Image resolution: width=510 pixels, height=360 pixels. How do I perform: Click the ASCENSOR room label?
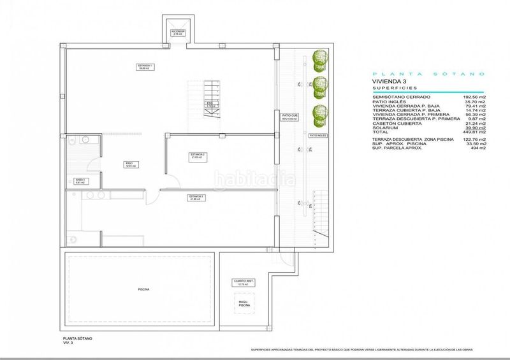coord(177,32)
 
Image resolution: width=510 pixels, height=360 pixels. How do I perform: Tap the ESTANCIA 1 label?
coord(145,66)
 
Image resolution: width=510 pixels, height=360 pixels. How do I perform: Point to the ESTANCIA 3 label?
coord(196,197)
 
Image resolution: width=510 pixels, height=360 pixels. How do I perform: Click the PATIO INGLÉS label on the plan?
coord(317,136)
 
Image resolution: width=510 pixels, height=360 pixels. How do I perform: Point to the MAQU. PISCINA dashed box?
coord(245,305)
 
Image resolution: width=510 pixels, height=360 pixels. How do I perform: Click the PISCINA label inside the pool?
coord(143,289)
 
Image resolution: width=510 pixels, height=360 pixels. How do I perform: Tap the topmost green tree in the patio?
coord(317,59)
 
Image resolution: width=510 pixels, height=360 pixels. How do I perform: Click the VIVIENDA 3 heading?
coord(390,82)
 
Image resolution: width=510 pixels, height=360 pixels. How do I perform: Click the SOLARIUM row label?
coord(385,127)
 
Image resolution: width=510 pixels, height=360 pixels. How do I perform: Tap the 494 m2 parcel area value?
coord(478,148)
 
